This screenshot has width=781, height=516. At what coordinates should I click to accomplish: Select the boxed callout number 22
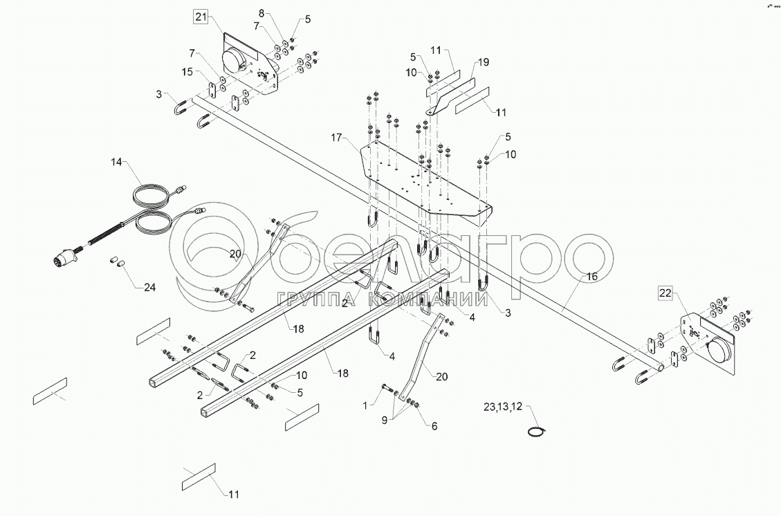point(665,293)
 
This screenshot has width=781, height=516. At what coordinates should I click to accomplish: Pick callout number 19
point(482,62)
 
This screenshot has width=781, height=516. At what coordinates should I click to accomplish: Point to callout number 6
point(434,426)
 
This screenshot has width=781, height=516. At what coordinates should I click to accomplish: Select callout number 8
point(261,14)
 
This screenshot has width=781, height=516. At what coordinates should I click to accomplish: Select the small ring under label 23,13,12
point(536,432)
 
